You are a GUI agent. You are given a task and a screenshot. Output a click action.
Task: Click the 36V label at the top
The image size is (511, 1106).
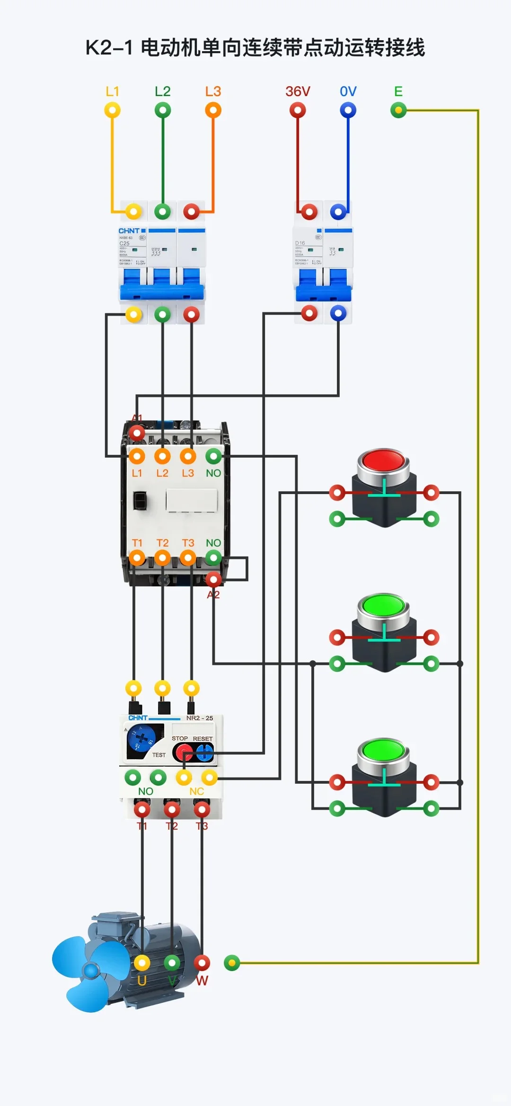point(298,91)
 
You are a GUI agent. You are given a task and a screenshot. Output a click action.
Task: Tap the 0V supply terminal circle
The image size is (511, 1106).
point(348,111)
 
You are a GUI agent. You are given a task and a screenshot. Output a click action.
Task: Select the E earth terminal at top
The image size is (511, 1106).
point(398,111)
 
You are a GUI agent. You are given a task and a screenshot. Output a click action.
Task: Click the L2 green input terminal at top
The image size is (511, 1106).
point(163,111)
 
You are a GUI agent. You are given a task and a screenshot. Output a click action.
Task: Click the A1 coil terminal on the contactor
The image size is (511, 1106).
point(137,433)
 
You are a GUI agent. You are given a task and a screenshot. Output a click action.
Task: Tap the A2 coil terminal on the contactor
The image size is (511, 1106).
point(213,579)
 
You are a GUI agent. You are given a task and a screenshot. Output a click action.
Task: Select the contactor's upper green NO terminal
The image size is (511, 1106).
point(213,457)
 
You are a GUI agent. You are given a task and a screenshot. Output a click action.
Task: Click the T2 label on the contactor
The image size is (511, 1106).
point(162,543)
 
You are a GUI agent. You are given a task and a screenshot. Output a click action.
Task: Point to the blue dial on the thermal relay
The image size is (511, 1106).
point(141,741)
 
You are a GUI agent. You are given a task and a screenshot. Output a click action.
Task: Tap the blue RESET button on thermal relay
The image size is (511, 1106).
point(204,752)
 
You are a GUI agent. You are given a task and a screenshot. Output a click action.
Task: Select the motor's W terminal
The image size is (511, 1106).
point(202,963)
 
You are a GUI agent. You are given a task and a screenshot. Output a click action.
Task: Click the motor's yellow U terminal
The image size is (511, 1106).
point(142,963)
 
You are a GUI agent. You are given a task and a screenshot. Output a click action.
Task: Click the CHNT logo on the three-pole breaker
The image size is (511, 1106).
point(129,231)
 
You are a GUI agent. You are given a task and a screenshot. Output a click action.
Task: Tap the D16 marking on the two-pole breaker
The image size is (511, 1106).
point(300,243)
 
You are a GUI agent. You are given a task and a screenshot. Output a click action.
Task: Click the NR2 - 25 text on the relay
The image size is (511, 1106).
point(199,718)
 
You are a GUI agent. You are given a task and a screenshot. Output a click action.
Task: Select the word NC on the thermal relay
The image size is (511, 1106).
point(196,791)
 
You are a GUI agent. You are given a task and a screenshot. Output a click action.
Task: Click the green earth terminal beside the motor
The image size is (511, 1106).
point(232,963)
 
